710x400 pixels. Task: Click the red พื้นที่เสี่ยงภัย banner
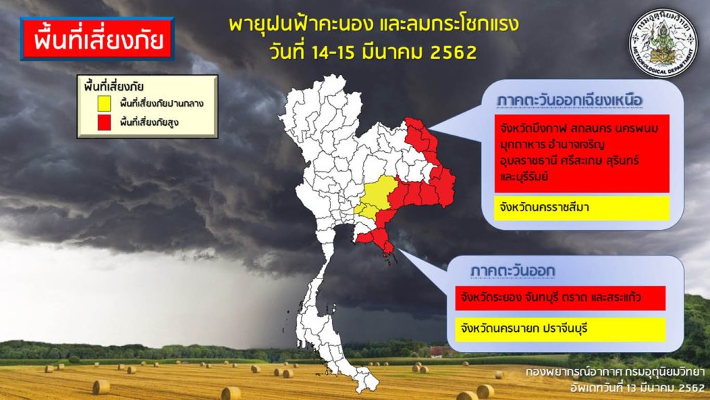pos(97,39)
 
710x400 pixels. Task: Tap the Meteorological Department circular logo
pos(664,42)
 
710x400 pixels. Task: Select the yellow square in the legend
pos(104,103)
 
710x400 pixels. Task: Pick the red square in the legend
pos(104,122)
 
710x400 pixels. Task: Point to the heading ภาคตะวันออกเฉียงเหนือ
pos(570,100)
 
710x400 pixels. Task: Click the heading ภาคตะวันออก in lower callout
pos(512,271)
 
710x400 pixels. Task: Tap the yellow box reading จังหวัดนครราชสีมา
pos(582,208)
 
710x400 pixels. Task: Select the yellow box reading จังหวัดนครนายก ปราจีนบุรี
pos(560,328)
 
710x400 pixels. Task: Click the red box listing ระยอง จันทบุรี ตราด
pos(560,298)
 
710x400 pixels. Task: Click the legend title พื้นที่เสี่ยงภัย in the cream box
pos(114,87)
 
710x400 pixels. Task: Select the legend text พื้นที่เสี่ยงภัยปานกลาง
pos(162,104)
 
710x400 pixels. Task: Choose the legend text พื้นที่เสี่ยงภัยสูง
pos(150,122)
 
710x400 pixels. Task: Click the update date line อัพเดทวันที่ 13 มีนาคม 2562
pos(637,388)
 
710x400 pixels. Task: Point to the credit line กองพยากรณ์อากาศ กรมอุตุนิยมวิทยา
pos(615,372)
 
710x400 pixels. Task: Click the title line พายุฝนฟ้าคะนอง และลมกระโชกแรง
pos(374,24)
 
